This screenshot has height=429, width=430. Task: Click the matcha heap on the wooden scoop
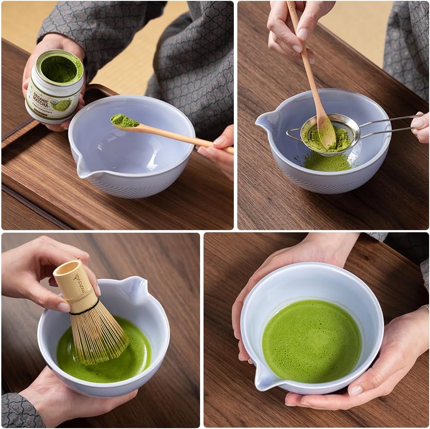(124, 121)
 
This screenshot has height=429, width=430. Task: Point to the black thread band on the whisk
(84, 310)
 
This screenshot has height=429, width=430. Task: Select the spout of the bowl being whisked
(134, 288)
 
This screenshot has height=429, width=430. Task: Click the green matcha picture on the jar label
(62, 105)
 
